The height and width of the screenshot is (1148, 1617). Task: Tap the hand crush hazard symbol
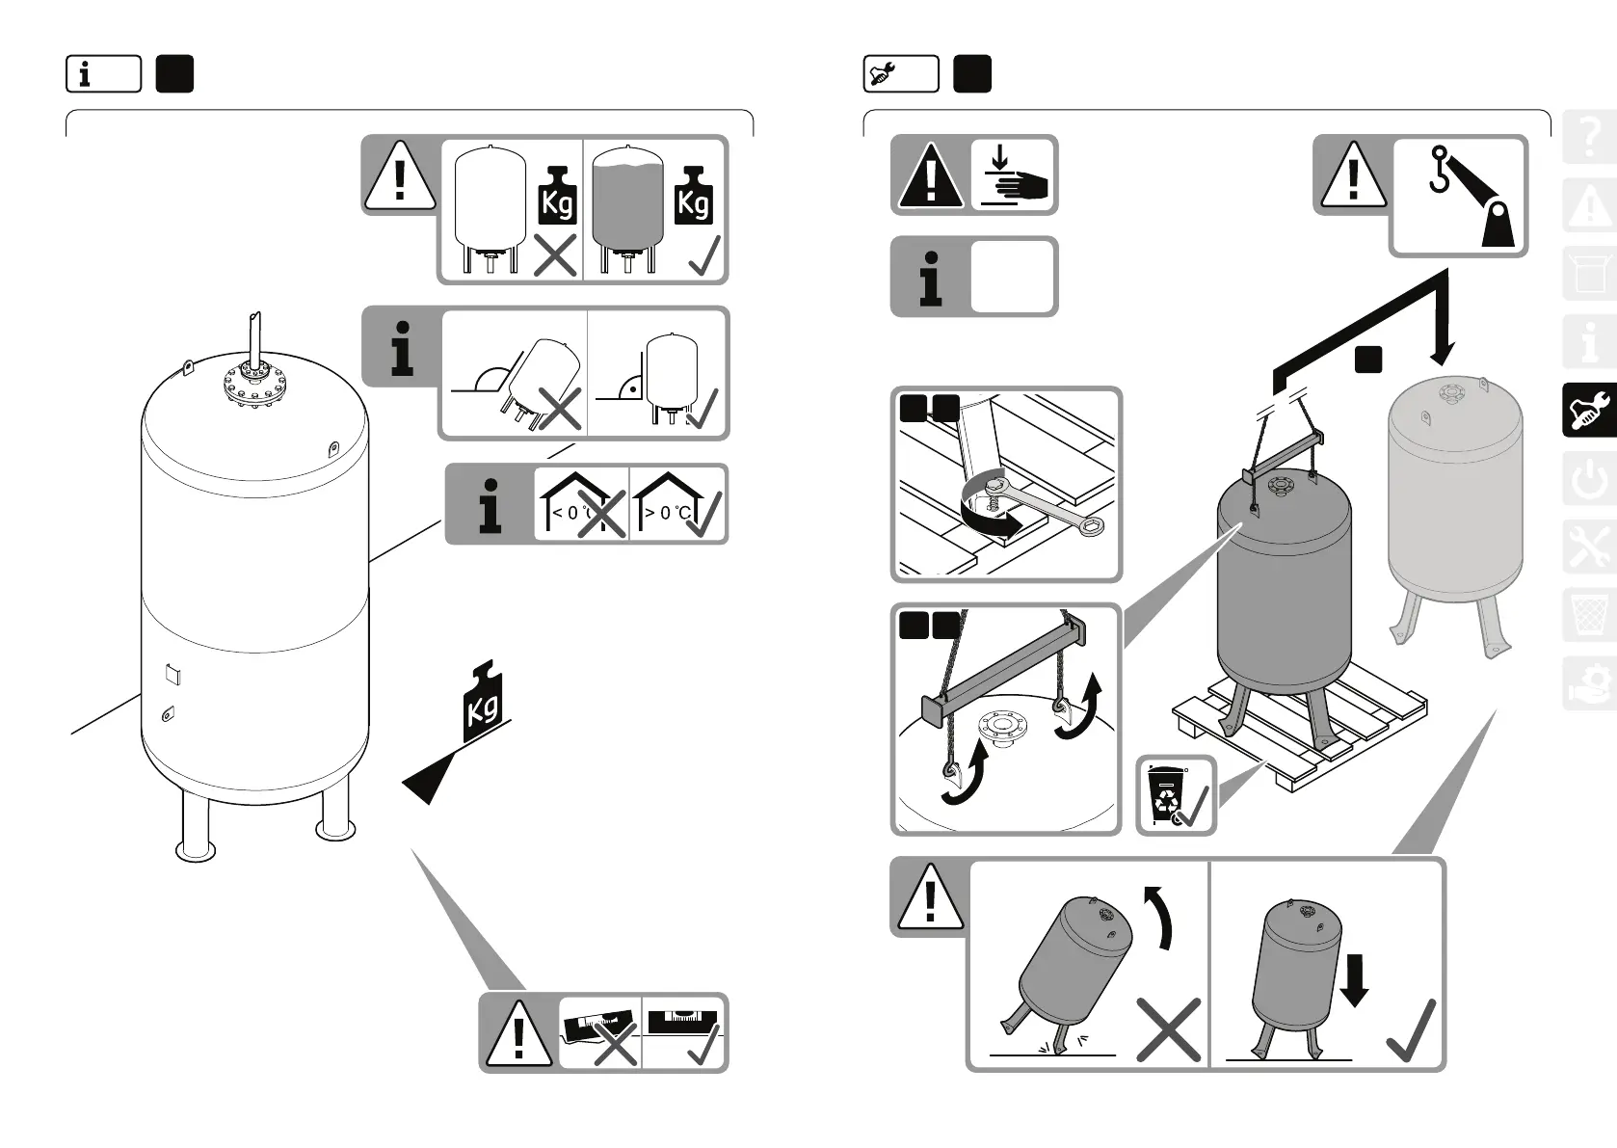(x=1014, y=174)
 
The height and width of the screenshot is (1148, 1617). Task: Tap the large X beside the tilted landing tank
(x=1168, y=1029)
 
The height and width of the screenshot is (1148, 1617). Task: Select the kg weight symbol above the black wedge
(x=485, y=703)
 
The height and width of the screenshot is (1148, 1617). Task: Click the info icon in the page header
(x=103, y=74)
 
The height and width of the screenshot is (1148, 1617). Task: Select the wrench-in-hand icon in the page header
(x=900, y=74)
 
